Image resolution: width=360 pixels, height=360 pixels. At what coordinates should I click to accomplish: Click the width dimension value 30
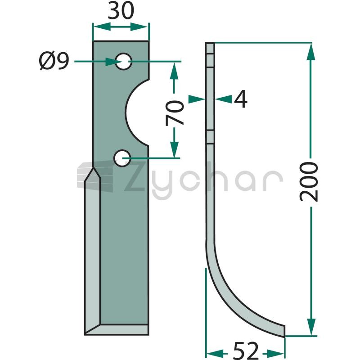(x=121, y=10)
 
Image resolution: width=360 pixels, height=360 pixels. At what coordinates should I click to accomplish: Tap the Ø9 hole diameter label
(x=54, y=60)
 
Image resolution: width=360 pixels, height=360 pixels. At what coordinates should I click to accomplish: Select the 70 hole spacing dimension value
(x=175, y=113)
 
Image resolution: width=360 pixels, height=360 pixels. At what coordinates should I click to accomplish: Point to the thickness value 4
(x=241, y=99)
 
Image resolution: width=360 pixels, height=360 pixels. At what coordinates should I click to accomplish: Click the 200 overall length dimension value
(x=309, y=182)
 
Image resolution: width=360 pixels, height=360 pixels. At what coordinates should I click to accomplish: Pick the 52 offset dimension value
(x=246, y=351)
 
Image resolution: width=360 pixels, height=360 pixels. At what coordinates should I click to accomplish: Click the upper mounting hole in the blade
(x=123, y=62)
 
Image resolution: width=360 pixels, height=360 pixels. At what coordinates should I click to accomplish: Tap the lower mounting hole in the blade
(x=122, y=158)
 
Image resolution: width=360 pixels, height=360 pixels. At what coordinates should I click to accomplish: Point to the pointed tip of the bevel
(x=93, y=168)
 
